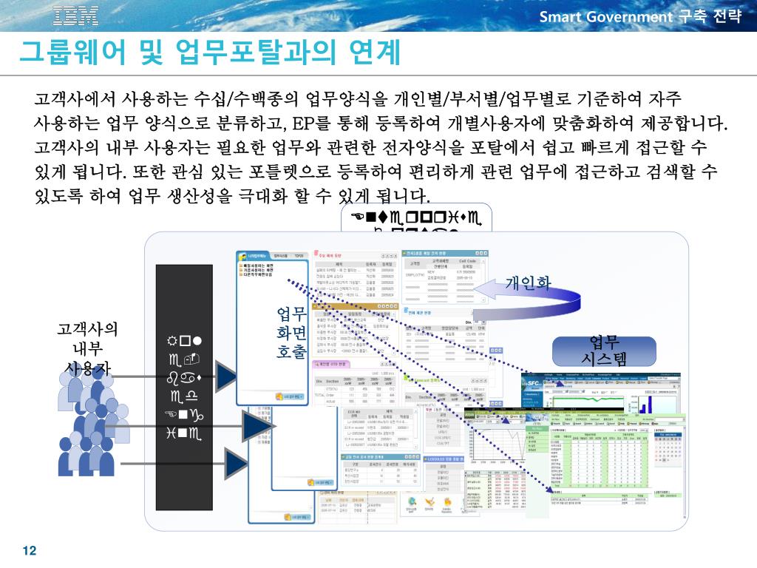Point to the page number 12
click(30, 551)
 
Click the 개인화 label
click(528, 283)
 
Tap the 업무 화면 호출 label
click(291, 332)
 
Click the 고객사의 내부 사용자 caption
click(87, 348)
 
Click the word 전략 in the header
click(727, 16)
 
